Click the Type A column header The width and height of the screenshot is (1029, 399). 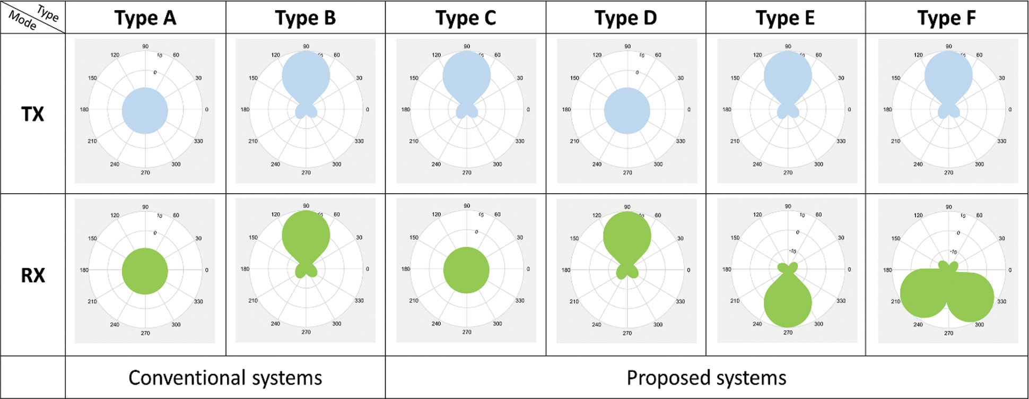[145, 18]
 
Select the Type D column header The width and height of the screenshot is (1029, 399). [626, 18]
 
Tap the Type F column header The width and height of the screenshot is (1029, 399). [946, 18]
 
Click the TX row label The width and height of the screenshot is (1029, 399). [32, 114]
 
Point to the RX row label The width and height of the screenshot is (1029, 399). [32, 275]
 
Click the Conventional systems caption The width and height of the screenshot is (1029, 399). [225, 378]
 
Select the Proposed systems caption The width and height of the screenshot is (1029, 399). [706, 378]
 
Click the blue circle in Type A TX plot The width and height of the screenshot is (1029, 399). [145, 110]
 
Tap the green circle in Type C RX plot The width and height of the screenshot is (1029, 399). [466, 270]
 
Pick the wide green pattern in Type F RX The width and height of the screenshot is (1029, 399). [946, 294]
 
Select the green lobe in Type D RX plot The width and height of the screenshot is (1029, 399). [627, 236]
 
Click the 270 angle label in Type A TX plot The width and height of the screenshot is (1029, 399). [145, 172]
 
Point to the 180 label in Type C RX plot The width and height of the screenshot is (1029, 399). [406, 269]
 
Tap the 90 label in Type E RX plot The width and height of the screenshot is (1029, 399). [788, 206]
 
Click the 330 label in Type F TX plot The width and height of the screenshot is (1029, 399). [1001, 141]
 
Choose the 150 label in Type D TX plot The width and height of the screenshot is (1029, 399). [574, 78]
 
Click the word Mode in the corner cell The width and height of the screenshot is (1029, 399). [23, 21]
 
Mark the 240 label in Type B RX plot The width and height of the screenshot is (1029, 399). [275, 324]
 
